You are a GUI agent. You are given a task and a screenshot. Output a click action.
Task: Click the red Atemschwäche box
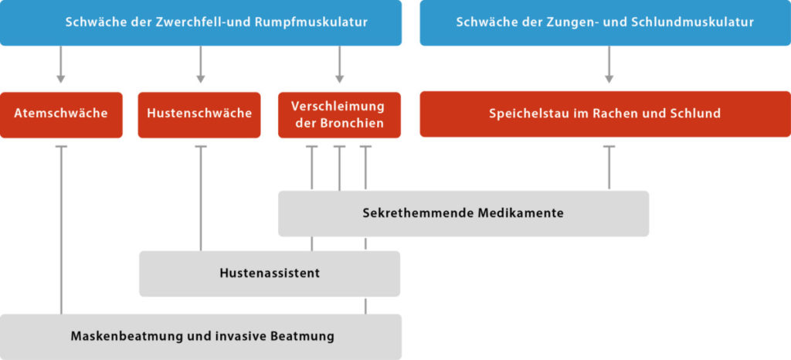click(61, 114)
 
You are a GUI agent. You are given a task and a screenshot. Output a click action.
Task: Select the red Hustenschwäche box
click(199, 114)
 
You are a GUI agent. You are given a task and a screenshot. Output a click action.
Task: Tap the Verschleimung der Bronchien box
click(340, 114)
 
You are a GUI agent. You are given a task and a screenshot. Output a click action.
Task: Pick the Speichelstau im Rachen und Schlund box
click(606, 114)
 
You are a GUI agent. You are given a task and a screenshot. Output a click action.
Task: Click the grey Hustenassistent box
click(270, 273)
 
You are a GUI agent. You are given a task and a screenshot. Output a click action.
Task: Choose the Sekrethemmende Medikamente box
click(463, 213)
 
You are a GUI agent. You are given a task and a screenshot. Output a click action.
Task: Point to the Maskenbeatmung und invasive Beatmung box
click(201, 337)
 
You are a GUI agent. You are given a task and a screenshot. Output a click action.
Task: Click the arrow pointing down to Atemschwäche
click(61, 65)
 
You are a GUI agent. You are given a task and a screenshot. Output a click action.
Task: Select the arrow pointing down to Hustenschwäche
click(201, 65)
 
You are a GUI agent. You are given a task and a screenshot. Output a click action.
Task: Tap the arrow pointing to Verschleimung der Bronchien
click(340, 65)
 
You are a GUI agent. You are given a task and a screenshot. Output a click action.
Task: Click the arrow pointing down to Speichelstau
click(609, 65)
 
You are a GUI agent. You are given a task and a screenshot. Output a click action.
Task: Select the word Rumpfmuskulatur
click(312, 23)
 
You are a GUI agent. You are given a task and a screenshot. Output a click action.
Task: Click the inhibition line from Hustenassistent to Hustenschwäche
click(201, 199)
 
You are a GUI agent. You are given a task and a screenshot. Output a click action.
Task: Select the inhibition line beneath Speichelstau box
click(609, 168)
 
